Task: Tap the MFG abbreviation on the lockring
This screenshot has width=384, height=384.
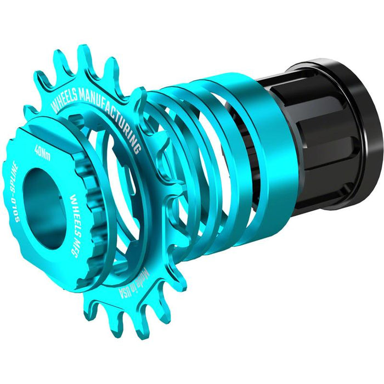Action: click(x=86, y=233)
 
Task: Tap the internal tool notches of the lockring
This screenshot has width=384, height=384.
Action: click(x=88, y=181)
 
